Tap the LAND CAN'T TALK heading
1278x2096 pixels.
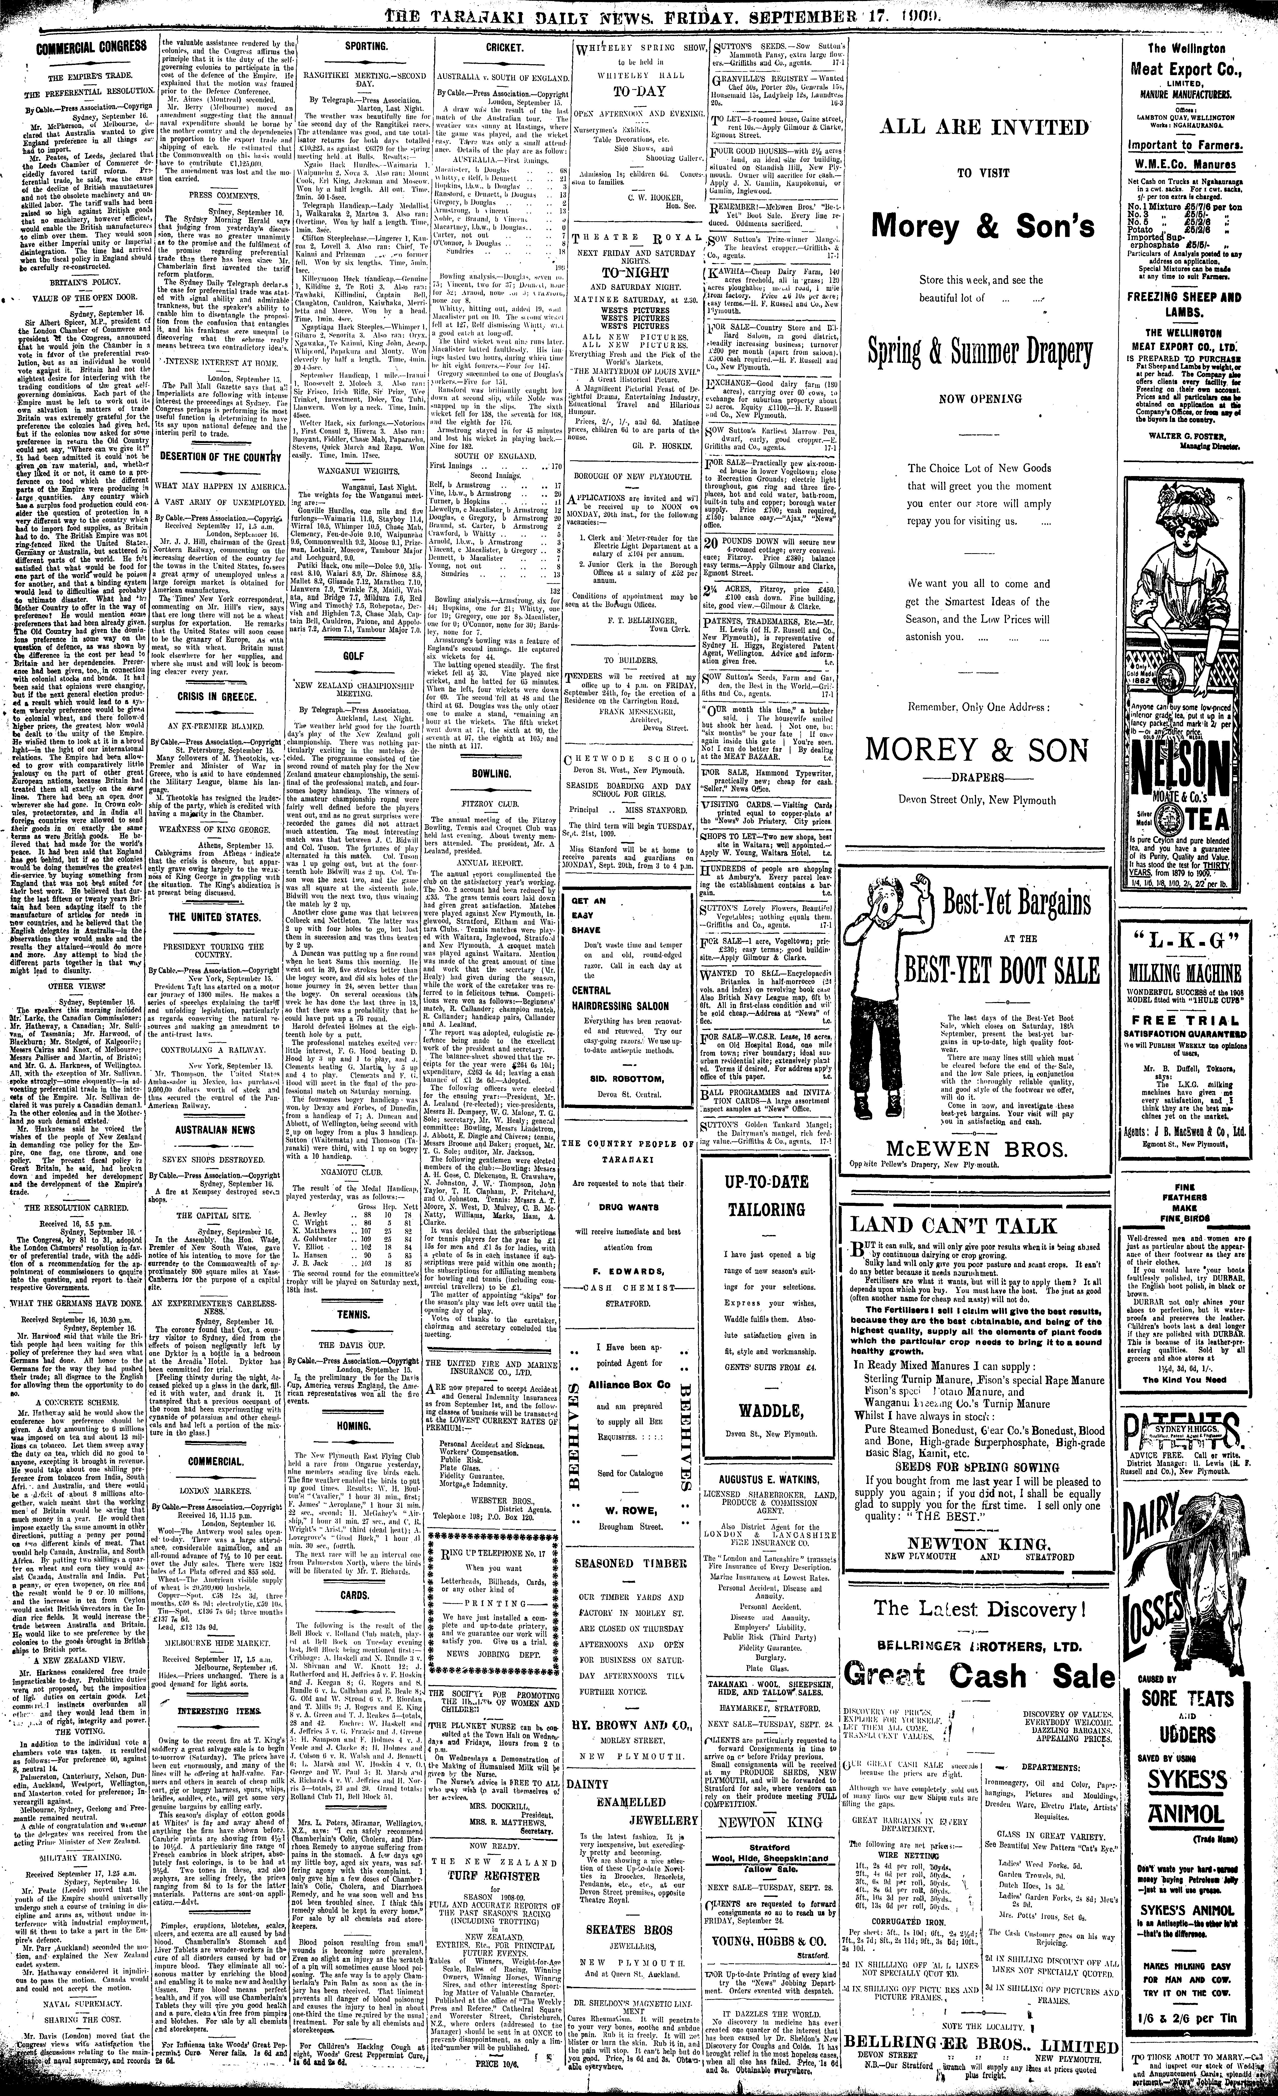coord(953,1226)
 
